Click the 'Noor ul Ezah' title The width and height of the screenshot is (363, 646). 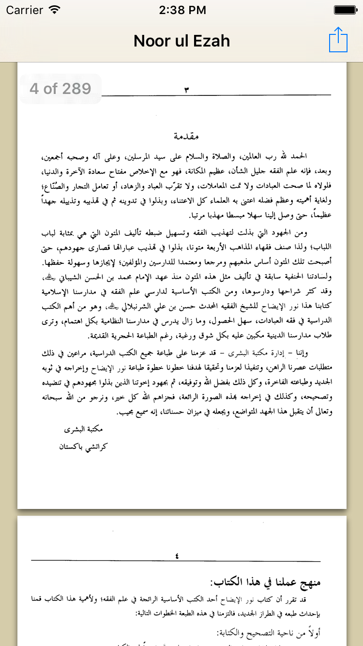[x=181, y=41]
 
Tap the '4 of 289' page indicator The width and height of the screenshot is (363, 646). [x=60, y=89]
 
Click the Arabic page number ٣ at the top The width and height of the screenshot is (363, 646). [x=186, y=90]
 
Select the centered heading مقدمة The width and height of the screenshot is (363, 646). [x=186, y=137]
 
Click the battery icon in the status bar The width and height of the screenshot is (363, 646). [x=345, y=10]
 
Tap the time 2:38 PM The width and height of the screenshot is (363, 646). [x=181, y=10]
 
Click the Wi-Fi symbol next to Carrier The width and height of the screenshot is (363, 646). [x=55, y=10]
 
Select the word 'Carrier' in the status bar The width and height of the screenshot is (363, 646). [x=24, y=10]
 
